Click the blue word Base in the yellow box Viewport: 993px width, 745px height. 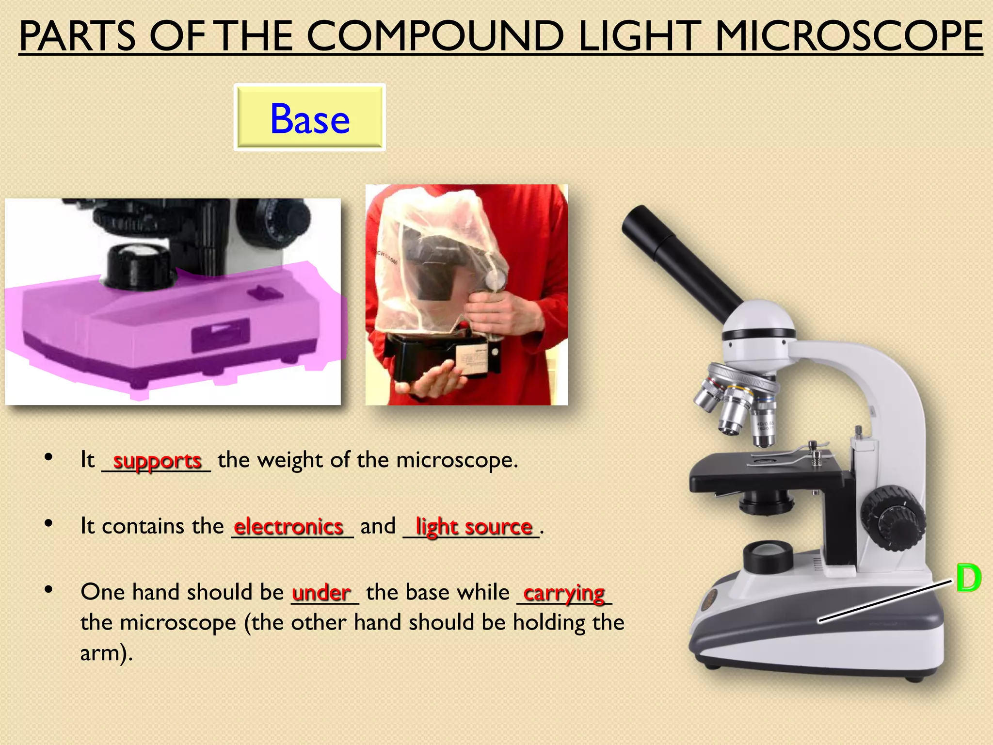click(x=310, y=119)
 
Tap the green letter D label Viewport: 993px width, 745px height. click(x=968, y=578)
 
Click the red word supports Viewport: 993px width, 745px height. click(x=157, y=460)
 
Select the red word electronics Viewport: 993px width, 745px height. click(x=288, y=526)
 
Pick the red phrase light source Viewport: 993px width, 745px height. click(x=474, y=526)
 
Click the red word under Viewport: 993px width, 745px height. click(x=321, y=593)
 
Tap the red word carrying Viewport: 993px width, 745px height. click(x=564, y=593)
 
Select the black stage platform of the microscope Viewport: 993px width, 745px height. click(x=766, y=473)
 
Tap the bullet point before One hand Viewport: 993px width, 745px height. click(x=48, y=590)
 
